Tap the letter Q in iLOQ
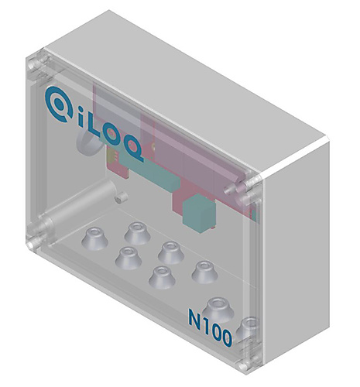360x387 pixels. (x=133, y=152)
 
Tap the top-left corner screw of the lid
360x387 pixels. (x=34, y=67)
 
